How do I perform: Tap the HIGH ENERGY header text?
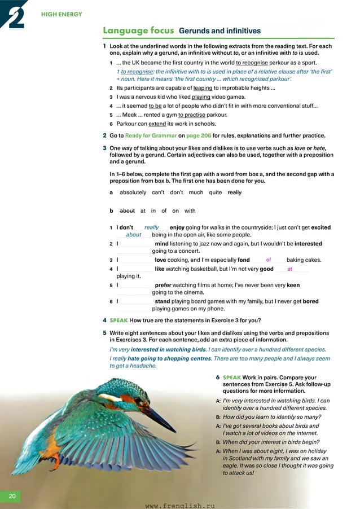[62, 14]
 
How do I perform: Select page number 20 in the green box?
[12, 496]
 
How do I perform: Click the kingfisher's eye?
[138, 401]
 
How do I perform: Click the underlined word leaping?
[203, 89]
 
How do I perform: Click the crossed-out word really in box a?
[235, 192]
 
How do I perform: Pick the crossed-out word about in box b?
[127, 210]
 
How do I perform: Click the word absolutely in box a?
[133, 192]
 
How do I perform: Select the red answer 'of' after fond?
[269, 260]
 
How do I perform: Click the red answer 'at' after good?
[289, 270]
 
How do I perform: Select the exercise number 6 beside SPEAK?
[218, 377]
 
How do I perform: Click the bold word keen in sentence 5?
[309, 286]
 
